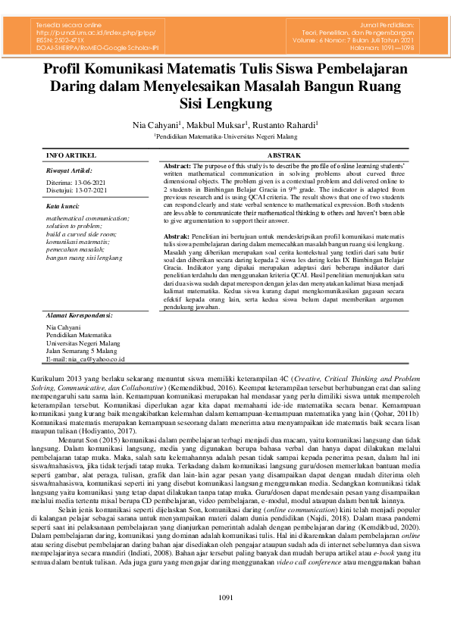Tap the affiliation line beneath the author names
[225, 136]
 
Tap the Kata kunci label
[63, 205]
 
